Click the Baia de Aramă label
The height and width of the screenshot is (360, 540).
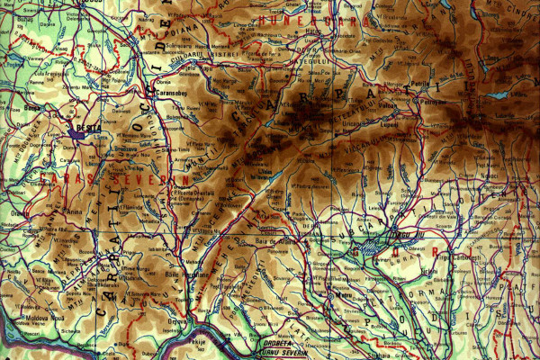click(274, 240)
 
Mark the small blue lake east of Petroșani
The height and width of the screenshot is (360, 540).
click(497, 94)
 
